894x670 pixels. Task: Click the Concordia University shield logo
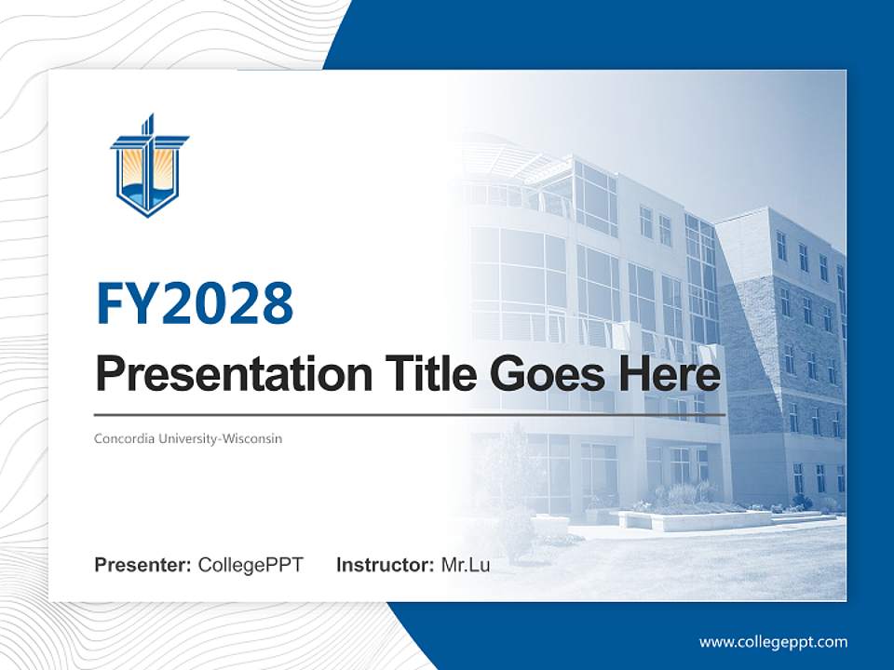(x=149, y=167)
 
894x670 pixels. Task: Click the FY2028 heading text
(x=195, y=303)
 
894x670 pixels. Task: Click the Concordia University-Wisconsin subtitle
(x=188, y=437)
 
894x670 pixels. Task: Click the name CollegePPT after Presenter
(x=251, y=565)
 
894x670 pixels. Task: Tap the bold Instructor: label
(x=385, y=565)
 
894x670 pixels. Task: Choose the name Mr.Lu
(x=466, y=565)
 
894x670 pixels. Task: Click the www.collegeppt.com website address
(x=773, y=641)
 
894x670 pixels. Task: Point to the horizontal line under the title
(x=410, y=414)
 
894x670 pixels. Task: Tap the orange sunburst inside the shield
(x=149, y=167)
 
